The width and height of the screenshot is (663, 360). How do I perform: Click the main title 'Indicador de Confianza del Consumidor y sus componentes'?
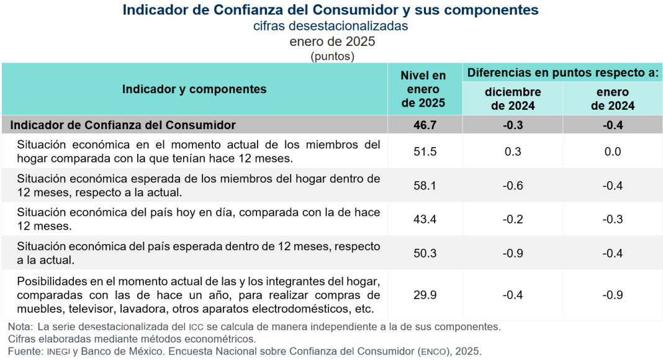coord(331,11)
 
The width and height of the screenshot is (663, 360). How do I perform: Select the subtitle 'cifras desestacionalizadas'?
coord(331,26)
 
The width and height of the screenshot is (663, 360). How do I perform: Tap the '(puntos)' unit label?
coord(332,56)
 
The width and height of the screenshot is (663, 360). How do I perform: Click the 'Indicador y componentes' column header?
coord(194,89)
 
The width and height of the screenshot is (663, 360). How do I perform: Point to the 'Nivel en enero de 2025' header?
coord(423,89)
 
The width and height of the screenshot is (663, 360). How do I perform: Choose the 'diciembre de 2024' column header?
coord(513,99)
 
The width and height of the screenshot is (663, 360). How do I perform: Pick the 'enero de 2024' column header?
coord(613,99)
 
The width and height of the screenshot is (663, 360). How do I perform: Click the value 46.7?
coord(425,125)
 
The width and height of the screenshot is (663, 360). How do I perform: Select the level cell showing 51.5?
coord(425,152)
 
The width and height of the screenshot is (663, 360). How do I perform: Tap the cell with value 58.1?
coord(425,186)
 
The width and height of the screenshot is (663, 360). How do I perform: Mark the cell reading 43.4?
coord(425,219)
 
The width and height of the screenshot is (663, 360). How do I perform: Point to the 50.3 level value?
coord(425,253)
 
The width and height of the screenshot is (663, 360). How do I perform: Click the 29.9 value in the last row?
coord(425,295)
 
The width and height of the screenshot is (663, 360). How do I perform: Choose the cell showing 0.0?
coord(613,152)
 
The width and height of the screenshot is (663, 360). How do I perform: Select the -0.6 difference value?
coord(513,186)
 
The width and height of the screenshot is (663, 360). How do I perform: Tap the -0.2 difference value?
coord(513,219)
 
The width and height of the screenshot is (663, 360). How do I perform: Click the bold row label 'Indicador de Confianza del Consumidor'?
coord(123,125)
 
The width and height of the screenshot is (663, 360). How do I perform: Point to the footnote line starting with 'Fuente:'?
coord(245,351)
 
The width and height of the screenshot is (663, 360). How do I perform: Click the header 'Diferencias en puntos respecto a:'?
coord(562,73)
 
